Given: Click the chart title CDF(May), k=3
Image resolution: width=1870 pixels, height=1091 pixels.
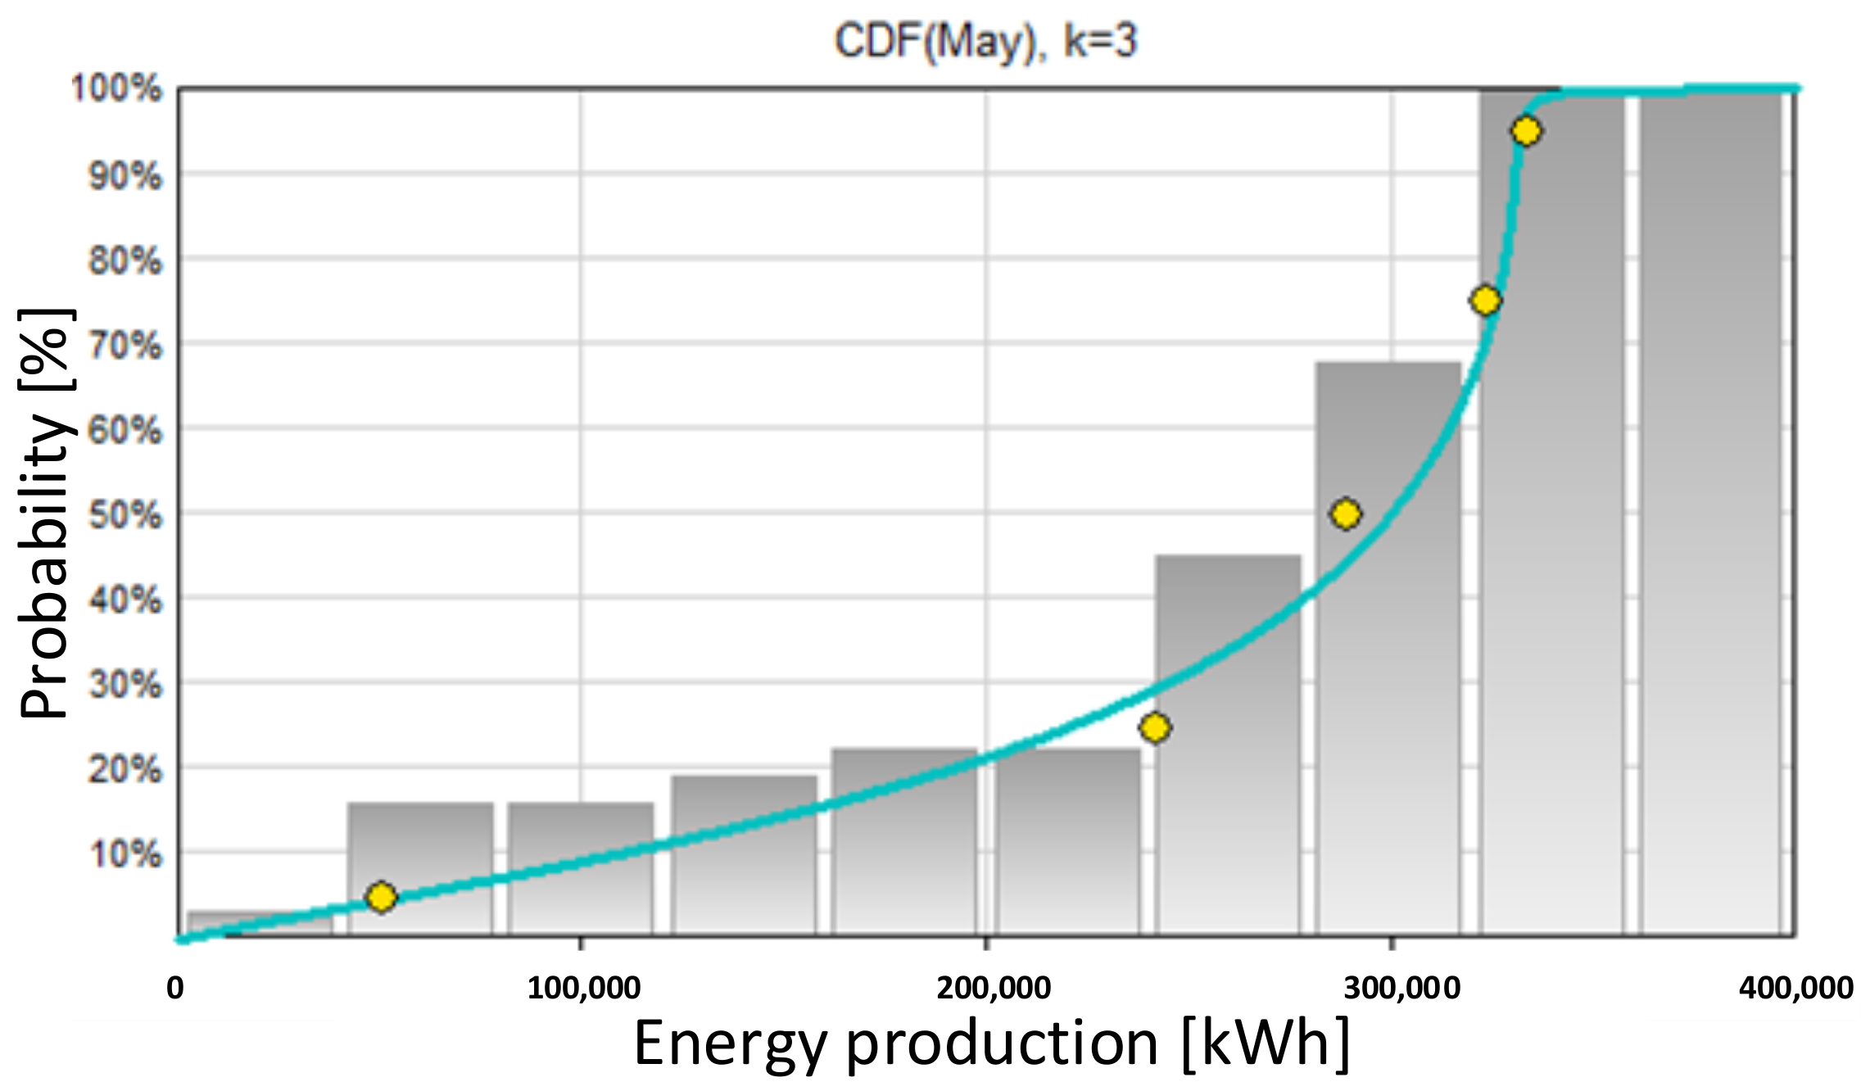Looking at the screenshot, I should click(x=985, y=41).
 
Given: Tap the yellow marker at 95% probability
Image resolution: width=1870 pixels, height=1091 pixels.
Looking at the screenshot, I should click(x=1526, y=131).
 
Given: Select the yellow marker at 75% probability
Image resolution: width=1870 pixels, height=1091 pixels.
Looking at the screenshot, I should click(x=1485, y=301).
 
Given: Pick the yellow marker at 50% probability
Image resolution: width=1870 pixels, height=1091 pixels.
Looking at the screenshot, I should click(x=1346, y=514).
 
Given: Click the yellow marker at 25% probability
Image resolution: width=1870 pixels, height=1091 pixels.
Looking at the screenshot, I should click(x=1155, y=727).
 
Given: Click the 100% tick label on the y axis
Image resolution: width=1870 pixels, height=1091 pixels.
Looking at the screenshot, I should click(x=117, y=88).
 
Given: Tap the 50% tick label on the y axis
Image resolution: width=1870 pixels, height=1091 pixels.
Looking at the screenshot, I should click(x=125, y=515).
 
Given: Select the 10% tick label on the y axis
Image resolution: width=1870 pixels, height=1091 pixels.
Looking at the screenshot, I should click(x=125, y=854).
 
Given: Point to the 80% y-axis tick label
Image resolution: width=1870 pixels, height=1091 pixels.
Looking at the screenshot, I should click(x=125, y=261).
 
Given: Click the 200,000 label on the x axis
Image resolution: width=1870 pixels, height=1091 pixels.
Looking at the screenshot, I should click(x=993, y=988).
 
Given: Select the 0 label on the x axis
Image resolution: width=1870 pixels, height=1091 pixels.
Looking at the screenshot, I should click(x=175, y=988).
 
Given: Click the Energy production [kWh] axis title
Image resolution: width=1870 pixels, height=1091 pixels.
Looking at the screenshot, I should click(x=992, y=1043).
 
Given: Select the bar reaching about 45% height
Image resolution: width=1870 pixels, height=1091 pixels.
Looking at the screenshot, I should click(x=1228, y=745).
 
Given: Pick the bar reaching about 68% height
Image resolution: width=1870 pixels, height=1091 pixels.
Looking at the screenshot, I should click(x=1388, y=647).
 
